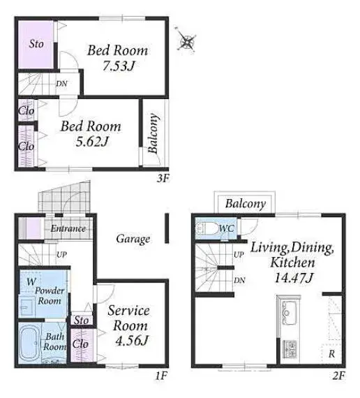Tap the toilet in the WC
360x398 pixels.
(x=207, y=228)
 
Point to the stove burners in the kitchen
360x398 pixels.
(x=290, y=348)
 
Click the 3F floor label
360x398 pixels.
(x=163, y=179)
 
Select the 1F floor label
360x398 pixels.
(x=161, y=376)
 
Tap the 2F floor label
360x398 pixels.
(x=338, y=376)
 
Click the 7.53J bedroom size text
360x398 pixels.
(x=118, y=66)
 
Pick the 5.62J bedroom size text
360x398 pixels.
(x=92, y=142)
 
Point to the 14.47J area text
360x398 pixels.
(x=294, y=278)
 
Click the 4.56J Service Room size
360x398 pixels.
(x=131, y=341)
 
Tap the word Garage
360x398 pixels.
(x=133, y=239)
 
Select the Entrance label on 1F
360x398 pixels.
(x=68, y=228)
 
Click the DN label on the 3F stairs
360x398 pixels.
(x=61, y=84)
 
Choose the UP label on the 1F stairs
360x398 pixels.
(x=61, y=254)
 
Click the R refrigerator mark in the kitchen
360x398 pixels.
(x=331, y=354)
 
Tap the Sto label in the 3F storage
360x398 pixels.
(x=36, y=44)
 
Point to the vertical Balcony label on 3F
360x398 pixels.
(x=153, y=133)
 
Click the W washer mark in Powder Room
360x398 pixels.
(x=31, y=281)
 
